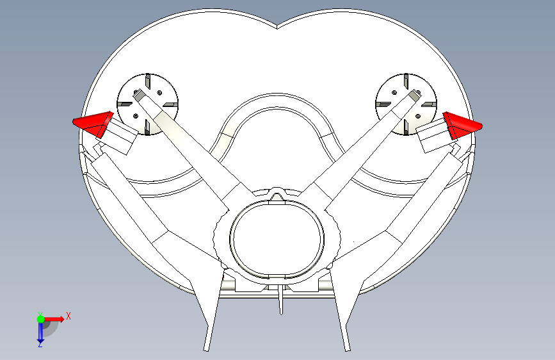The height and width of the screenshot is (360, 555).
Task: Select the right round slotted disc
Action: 406,104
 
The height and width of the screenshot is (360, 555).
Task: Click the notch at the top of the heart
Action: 277,28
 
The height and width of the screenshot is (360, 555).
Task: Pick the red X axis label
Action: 68,315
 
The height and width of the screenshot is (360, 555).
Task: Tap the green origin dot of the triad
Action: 40,318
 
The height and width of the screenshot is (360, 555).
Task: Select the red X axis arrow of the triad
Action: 54,318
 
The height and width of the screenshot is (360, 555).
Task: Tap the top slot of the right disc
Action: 406,81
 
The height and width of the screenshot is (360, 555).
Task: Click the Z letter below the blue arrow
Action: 40,344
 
